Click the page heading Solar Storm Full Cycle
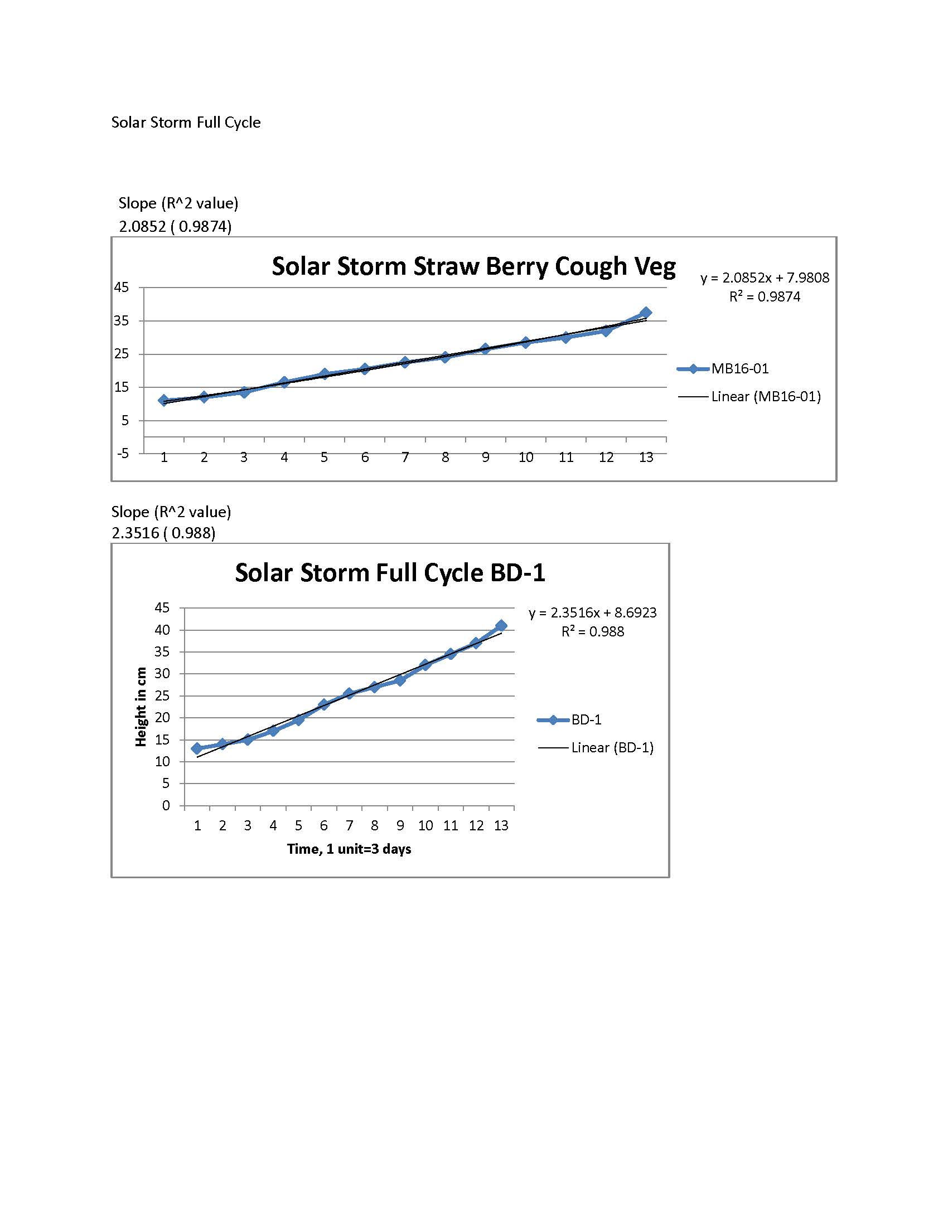185,123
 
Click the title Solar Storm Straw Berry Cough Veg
473,266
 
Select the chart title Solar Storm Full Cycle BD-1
390,572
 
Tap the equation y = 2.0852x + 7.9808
765,278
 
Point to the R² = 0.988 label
592,631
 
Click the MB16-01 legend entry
739,369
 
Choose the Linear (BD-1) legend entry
612,748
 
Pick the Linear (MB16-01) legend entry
766,397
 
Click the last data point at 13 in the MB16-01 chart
646,313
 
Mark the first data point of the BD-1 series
196,748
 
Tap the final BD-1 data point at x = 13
501,626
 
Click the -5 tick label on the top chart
123,453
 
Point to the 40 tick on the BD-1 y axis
162,630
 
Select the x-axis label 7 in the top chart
405,458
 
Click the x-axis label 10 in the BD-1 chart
425,825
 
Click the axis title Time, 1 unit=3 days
349,849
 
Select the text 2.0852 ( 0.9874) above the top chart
175,226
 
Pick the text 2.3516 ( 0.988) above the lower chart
163,533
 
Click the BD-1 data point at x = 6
323,704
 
